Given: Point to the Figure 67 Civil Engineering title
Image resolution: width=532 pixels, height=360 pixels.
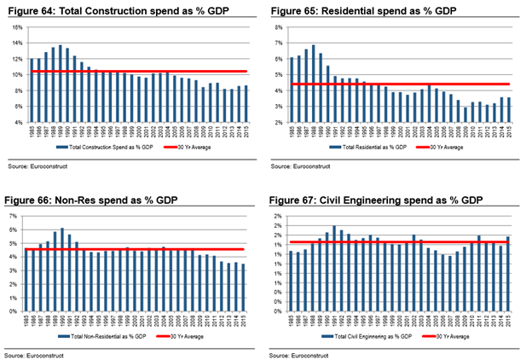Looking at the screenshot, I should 378,200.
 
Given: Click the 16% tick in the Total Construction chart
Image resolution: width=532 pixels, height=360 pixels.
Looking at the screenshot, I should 15,28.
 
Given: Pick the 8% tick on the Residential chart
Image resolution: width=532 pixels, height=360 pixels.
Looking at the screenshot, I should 279,28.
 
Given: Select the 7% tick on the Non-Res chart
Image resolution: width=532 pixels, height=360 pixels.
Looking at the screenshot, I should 17,217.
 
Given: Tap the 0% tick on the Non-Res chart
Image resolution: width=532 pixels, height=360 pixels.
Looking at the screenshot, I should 17,311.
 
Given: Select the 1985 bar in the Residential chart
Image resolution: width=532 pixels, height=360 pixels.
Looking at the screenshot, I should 292,90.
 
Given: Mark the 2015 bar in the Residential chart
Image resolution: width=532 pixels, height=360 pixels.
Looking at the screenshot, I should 509,110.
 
